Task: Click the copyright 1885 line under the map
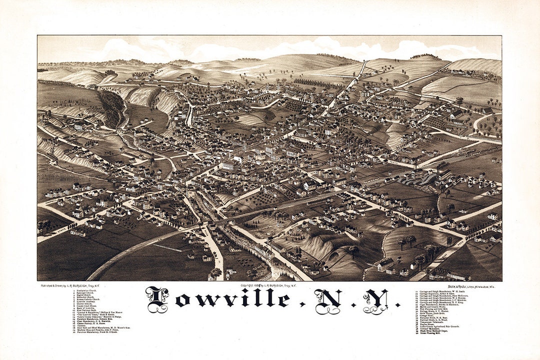point(268,285)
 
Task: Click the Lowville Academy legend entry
point(87,301)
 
